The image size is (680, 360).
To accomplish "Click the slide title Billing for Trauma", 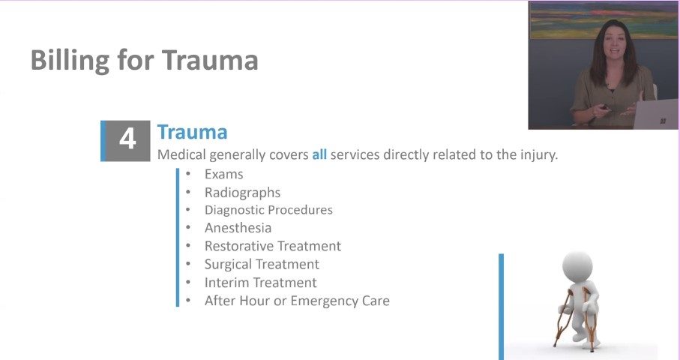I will pyautogui.click(x=144, y=61).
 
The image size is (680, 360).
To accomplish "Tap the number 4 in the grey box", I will pyautogui.click(x=127, y=139).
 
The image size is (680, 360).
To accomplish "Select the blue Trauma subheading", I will pyautogui.click(x=192, y=133).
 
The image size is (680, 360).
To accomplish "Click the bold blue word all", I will pyautogui.click(x=319, y=155).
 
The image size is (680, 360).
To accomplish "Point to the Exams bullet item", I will pyautogui.click(x=223, y=175).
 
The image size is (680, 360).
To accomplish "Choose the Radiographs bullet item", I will pyautogui.click(x=242, y=193).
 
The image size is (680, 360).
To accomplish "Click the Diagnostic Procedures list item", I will pyautogui.click(x=268, y=210).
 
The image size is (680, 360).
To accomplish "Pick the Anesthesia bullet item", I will pyautogui.click(x=238, y=228).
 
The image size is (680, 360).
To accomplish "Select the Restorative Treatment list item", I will pyautogui.click(x=272, y=246).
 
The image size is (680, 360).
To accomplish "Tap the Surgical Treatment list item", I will pyautogui.click(x=262, y=264).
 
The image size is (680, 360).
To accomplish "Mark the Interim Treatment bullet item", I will pyautogui.click(x=260, y=283).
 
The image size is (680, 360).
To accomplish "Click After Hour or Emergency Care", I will pyautogui.click(x=297, y=301).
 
